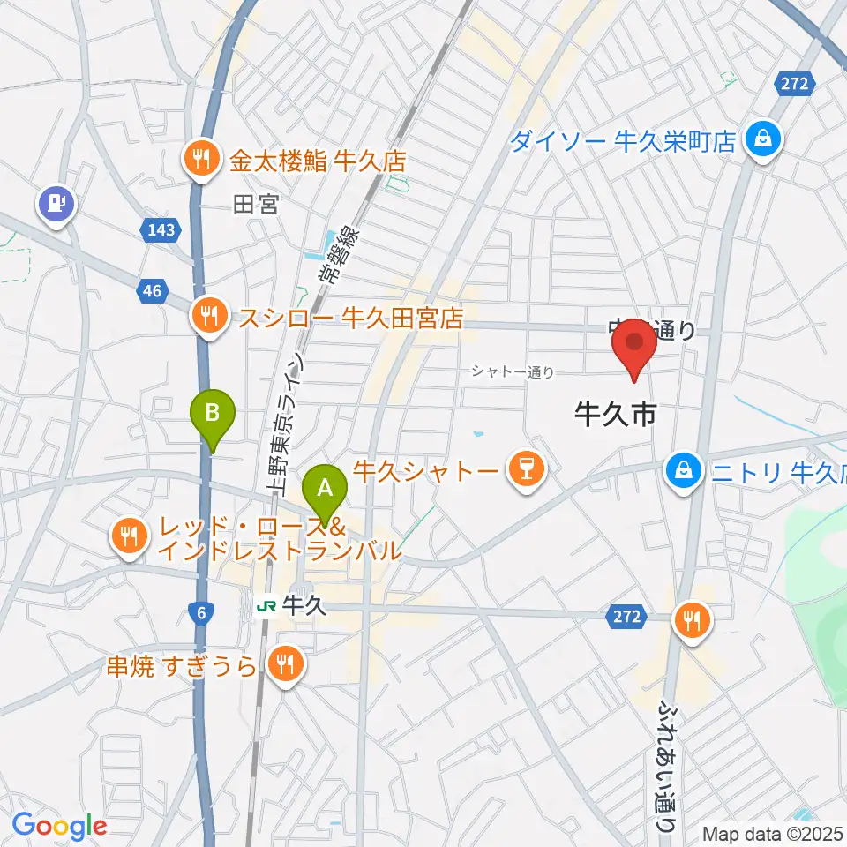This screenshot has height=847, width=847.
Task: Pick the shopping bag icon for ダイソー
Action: coord(759,137)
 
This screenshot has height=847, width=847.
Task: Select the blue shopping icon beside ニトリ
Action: coord(684,468)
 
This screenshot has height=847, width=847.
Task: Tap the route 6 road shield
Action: coord(202,615)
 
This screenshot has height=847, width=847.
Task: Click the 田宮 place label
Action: coord(256,205)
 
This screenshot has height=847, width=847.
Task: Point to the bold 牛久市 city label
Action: coord(615,412)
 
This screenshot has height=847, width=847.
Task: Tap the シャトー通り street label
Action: coord(513,372)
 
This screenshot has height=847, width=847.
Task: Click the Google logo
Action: coord(59,826)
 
